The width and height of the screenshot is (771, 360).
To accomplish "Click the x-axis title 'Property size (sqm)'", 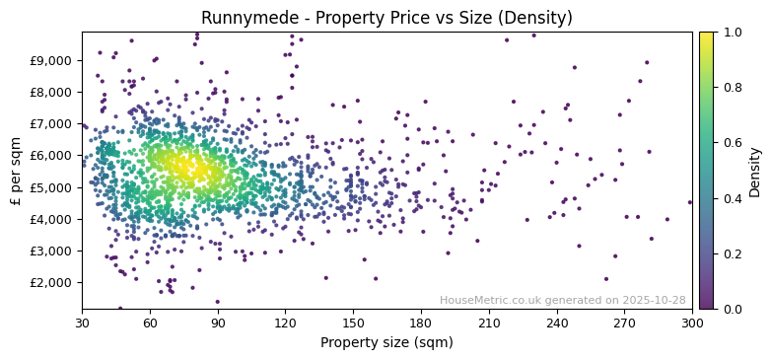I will click(x=386, y=343).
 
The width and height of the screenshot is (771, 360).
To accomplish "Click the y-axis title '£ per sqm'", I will click(x=17, y=171).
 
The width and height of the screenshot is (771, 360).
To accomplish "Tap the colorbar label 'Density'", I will click(x=754, y=171).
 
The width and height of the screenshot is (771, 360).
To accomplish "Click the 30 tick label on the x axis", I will click(x=82, y=322).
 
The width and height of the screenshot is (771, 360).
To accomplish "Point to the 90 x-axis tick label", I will click(x=218, y=322).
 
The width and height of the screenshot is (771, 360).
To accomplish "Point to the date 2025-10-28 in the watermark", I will click(x=653, y=300).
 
